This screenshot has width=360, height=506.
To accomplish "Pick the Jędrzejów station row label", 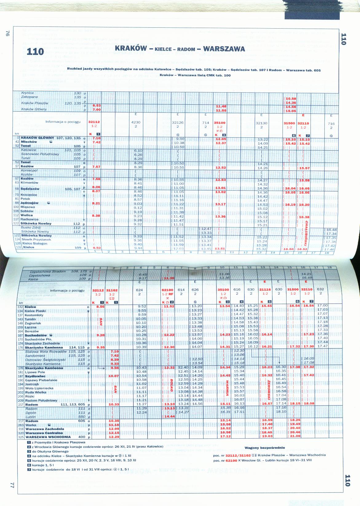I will pos(30,203).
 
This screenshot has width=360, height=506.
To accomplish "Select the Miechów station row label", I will pos(29,142).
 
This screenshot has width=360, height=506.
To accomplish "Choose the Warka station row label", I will pos(31,425).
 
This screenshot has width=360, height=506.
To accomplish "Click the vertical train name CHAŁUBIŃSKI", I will pos(306,234).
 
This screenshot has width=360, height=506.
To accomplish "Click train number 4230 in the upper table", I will pos(136,123).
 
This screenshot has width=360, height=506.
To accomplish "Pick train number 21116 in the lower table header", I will pos(265,290).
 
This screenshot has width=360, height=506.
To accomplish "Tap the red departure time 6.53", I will pos(97,106).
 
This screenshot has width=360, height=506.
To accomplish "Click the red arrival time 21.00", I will pos(295,436).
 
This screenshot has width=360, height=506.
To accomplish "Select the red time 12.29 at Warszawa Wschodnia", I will pos(114,437).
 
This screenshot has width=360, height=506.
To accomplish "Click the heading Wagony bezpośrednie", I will pos(265,448).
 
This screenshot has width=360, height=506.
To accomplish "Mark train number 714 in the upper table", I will pos(206,123).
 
